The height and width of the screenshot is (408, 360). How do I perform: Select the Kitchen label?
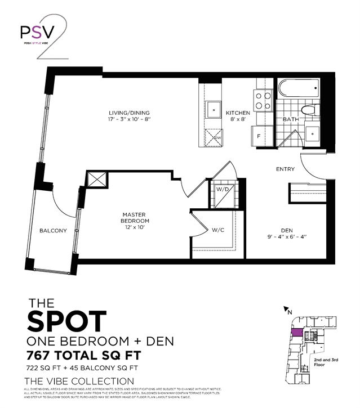[x=237, y=116]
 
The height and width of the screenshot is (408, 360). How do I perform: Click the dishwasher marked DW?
[x=214, y=136]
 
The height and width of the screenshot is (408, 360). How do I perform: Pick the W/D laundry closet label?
[x=223, y=189]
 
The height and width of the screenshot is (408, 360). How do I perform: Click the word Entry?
[x=285, y=169]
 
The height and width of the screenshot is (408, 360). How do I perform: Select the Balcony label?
[x=53, y=231]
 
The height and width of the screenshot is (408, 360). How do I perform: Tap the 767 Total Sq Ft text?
[x=79, y=356]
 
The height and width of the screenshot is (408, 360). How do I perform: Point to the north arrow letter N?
[x=289, y=310]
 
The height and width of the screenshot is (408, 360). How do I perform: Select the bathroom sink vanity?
[x=311, y=134]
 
